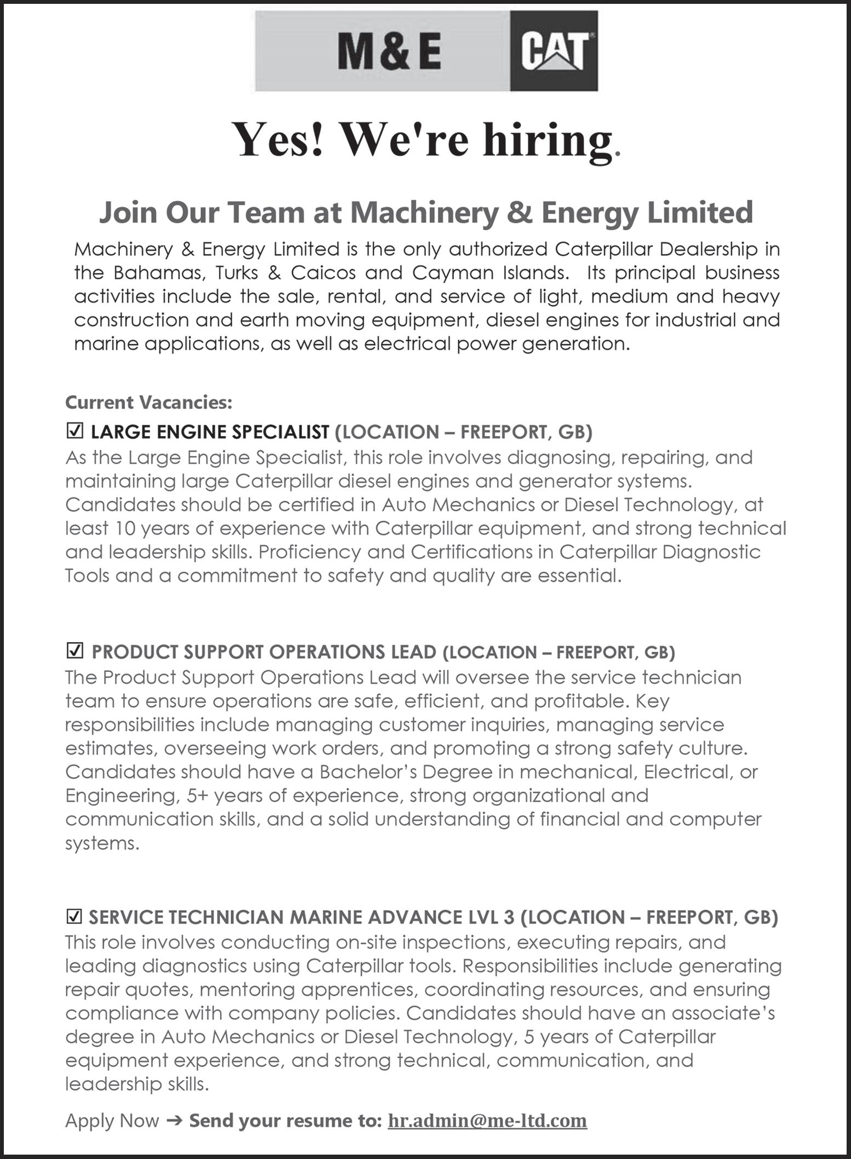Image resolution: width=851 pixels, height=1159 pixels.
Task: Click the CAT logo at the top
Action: click(x=553, y=52)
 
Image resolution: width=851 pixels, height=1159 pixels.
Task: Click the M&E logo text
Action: click(x=390, y=52)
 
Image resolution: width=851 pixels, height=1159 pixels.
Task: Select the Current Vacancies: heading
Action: click(x=149, y=402)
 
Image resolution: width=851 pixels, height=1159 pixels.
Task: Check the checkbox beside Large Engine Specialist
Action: click(x=75, y=431)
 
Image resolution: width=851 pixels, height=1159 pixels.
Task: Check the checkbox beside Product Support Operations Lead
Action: click(x=75, y=651)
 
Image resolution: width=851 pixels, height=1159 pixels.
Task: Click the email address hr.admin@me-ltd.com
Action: click(x=487, y=1120)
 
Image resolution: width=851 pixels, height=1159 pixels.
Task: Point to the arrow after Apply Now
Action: click(x=174, y=1121)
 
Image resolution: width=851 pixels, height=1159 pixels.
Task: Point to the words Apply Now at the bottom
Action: click(x=112, y=1121)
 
